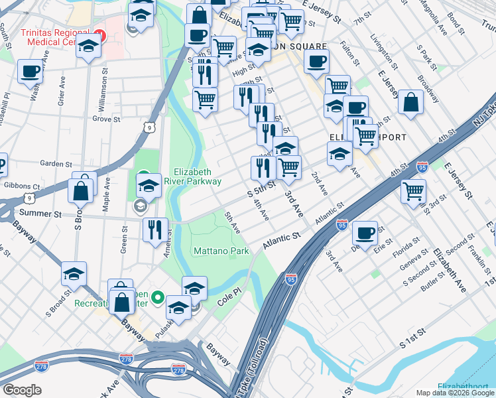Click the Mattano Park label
pos(221,251)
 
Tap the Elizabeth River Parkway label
pos(197,174)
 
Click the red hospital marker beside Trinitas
pos(100,34)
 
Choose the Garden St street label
pos(55,164)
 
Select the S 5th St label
pos(261,190)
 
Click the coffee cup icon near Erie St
pos(365,233)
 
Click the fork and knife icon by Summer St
pos(155,230)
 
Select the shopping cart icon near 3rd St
pos(413,190)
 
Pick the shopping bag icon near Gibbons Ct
pos(80,190)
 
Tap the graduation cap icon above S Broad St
pos(74,273)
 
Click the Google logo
pos(22,390)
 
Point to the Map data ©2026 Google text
pos(455,393)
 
